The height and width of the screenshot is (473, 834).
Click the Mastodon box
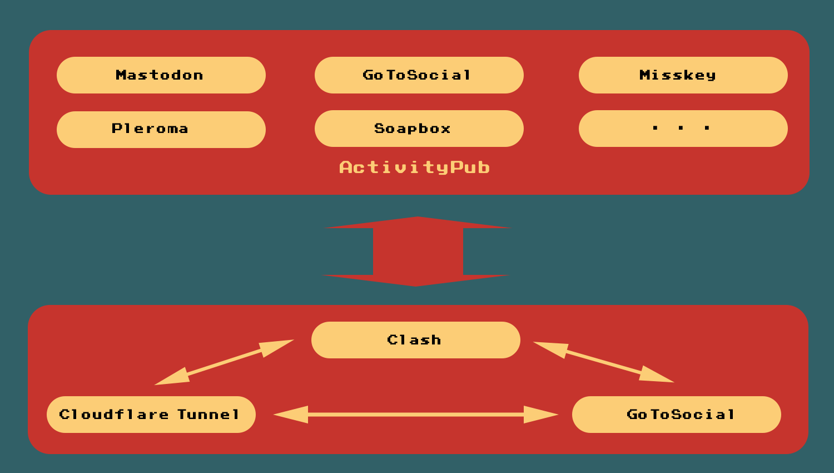pyautogui.click(x=161, y=75)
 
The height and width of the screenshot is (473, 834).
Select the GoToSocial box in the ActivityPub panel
pyautogui.click(x=419, y=75)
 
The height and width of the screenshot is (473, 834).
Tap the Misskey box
pyautogui.click(x=683, y=75)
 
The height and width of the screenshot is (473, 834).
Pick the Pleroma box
pyautogui.click(x=161, y=129)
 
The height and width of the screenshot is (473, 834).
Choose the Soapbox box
pyautogui.click(x=419, y=129)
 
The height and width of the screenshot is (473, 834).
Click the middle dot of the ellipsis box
pyautogui.click(x=681, y=129)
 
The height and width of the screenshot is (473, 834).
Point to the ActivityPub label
pyautogui.click(x=414, y=167)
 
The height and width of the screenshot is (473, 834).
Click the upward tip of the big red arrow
pyautogui.click(x=417, y=219)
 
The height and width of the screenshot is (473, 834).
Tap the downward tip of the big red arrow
pyautogui.click(x=415, y=284)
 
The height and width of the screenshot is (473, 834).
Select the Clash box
pyautogui.click(x=415, y=340)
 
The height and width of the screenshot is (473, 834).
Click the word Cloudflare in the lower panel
pyautogui.click(x=114, y=415)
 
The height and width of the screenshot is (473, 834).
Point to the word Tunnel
pyautogui.click(x=209, y=415)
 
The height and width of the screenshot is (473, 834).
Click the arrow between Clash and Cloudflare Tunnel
pyautogui.click(x=224, y=362)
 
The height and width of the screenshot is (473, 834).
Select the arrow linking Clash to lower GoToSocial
pyautogui.click(x=603, y=362)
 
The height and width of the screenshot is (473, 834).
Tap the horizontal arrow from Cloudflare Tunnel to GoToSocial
pyautogui.click(x=415, y=415)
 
